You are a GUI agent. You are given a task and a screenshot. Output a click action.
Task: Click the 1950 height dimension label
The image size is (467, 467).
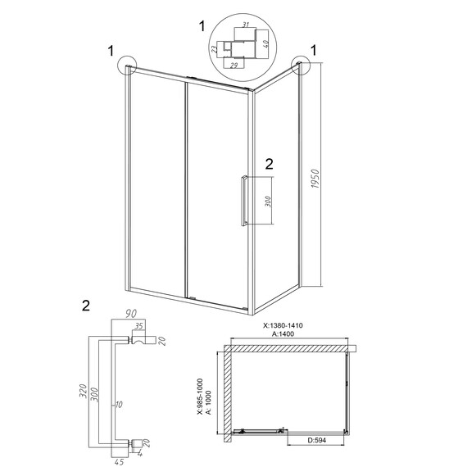[x=315, y=179]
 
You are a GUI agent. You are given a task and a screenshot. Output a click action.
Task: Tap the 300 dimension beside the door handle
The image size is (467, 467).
[x=268, y=202]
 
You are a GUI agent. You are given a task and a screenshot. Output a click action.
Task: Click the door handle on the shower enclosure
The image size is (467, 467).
[x=244, y=201]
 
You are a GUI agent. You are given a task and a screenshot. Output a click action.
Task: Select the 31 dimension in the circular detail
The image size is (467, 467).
[x=246, y=25]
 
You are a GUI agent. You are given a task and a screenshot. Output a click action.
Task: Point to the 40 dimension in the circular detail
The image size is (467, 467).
[x=266, y=43]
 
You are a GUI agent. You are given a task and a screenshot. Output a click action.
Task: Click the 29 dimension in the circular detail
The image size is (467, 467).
[x=234, y=66]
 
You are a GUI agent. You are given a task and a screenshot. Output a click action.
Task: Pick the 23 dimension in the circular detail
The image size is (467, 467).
[x=215, y=49]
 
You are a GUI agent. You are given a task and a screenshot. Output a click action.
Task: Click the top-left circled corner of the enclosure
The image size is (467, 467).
[x=127, y=66]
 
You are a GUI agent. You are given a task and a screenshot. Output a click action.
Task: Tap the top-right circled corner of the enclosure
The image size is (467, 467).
[x=301, y=65]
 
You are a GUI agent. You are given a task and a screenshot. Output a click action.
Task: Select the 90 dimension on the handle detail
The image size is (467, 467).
[x=131, y=314]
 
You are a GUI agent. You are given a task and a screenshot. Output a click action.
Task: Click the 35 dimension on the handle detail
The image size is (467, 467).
[x=139, y=326]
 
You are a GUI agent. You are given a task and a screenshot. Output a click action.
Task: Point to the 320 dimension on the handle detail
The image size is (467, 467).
[x=83, y=391]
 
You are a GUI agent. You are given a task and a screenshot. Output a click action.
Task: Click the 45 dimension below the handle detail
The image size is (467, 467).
[x=120, y=462]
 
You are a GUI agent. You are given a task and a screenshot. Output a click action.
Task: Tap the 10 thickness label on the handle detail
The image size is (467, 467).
[x=119, y=405]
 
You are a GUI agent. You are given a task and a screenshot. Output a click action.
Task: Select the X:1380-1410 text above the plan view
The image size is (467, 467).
[x=283, y=325]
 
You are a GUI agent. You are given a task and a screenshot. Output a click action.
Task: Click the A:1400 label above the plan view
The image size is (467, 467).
[x=283, y=334]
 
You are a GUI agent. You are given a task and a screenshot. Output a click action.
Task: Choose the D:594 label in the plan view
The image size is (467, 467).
[x=316, y=440]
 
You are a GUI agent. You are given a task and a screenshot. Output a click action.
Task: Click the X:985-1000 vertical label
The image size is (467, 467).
[x=200, y=397]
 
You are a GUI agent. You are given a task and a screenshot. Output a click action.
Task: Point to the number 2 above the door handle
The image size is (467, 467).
[x=269, y=164]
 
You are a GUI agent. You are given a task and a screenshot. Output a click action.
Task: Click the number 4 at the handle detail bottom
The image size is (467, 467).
[x=140, y=455]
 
